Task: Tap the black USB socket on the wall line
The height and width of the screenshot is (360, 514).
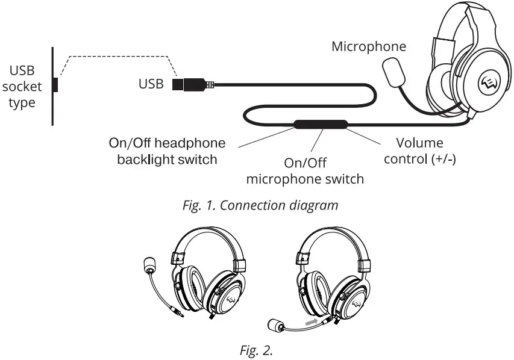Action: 55,85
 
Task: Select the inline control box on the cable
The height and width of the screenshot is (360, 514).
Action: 321,125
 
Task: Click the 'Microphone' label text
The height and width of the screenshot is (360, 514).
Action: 369,46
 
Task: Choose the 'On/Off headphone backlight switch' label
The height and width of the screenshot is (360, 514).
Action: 167,151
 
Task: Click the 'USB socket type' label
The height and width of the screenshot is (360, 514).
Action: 22,87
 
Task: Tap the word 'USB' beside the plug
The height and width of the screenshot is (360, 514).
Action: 151,84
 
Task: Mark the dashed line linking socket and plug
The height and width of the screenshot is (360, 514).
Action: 121,57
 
